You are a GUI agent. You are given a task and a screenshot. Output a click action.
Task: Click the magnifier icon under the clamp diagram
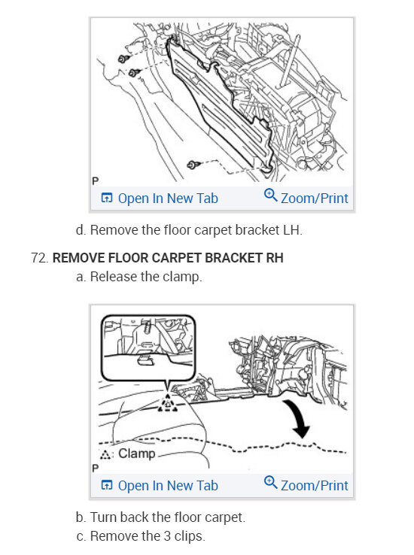[x=270, y=483]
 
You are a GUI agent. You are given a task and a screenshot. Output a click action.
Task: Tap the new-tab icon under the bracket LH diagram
[x=107, y=198]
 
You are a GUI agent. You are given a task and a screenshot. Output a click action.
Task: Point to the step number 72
[x=39, y=258]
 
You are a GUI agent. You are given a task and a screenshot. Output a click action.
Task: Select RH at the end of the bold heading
[x=275, y=258]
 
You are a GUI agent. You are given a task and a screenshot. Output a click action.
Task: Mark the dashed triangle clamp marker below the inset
[x=168, y=404]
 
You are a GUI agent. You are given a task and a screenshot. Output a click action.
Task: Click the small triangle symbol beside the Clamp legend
[x=105, y=454]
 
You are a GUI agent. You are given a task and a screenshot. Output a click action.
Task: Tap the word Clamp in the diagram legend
[x=137, y=453]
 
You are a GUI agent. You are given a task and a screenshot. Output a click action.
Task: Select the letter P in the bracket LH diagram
[x=96, y=181]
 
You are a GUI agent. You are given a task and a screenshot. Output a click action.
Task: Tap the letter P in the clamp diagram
[x=96, y=469]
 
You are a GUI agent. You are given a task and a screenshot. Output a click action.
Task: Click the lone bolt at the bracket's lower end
[x=193, y=165]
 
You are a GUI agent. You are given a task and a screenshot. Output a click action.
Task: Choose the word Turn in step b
[x=103, y=517]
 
